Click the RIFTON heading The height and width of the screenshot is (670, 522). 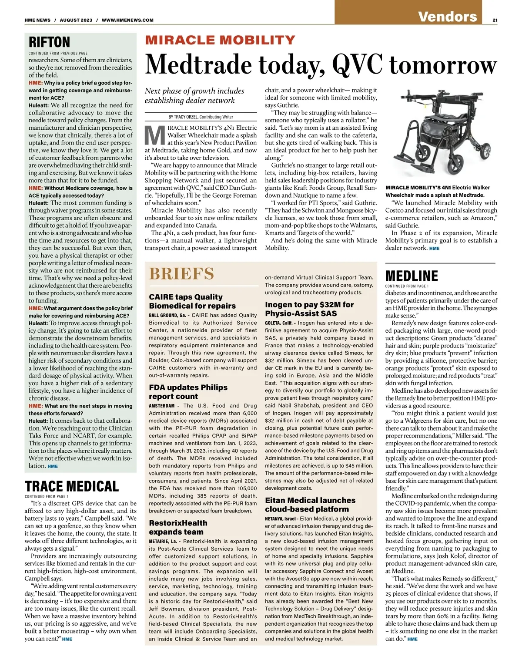pyautogui.click(x=49, y=42)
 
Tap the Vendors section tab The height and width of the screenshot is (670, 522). pyautogui.click(x=447, y=17)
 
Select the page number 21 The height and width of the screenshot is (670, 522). pyautogui.click(x=495, y=20)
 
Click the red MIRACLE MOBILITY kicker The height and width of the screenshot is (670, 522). pyautogui.click(x=220, y=40)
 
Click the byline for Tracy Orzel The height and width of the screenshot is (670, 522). pyautogui.click(x=201, y=117)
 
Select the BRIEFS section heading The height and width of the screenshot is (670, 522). pyautogui.click(x=181, y=274)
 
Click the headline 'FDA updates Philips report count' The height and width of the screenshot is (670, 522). pyautogui.click(x=188, y=392)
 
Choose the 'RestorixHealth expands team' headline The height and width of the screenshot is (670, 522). pyautogui.click(x=178, y=527)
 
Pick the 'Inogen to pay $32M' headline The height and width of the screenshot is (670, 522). pyautogui.click(x=309, y=309)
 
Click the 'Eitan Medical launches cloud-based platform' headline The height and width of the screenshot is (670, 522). pyautogui.click(x=310, y=505)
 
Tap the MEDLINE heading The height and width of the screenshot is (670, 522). pyautogui.click(x=412, y=276)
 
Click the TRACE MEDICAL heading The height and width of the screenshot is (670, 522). pyautogui.click(x=72, y=486)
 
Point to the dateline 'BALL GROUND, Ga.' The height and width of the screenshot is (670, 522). pyautogui.click(x=167, y=315)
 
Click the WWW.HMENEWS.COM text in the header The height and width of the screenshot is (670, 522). pyautogui.click(x=127, y=20)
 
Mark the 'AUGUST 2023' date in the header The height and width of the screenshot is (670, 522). pyautogui.click(x=76, y=20)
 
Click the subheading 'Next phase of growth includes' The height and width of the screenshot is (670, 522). pyautogui.click(x=194, y=91)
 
